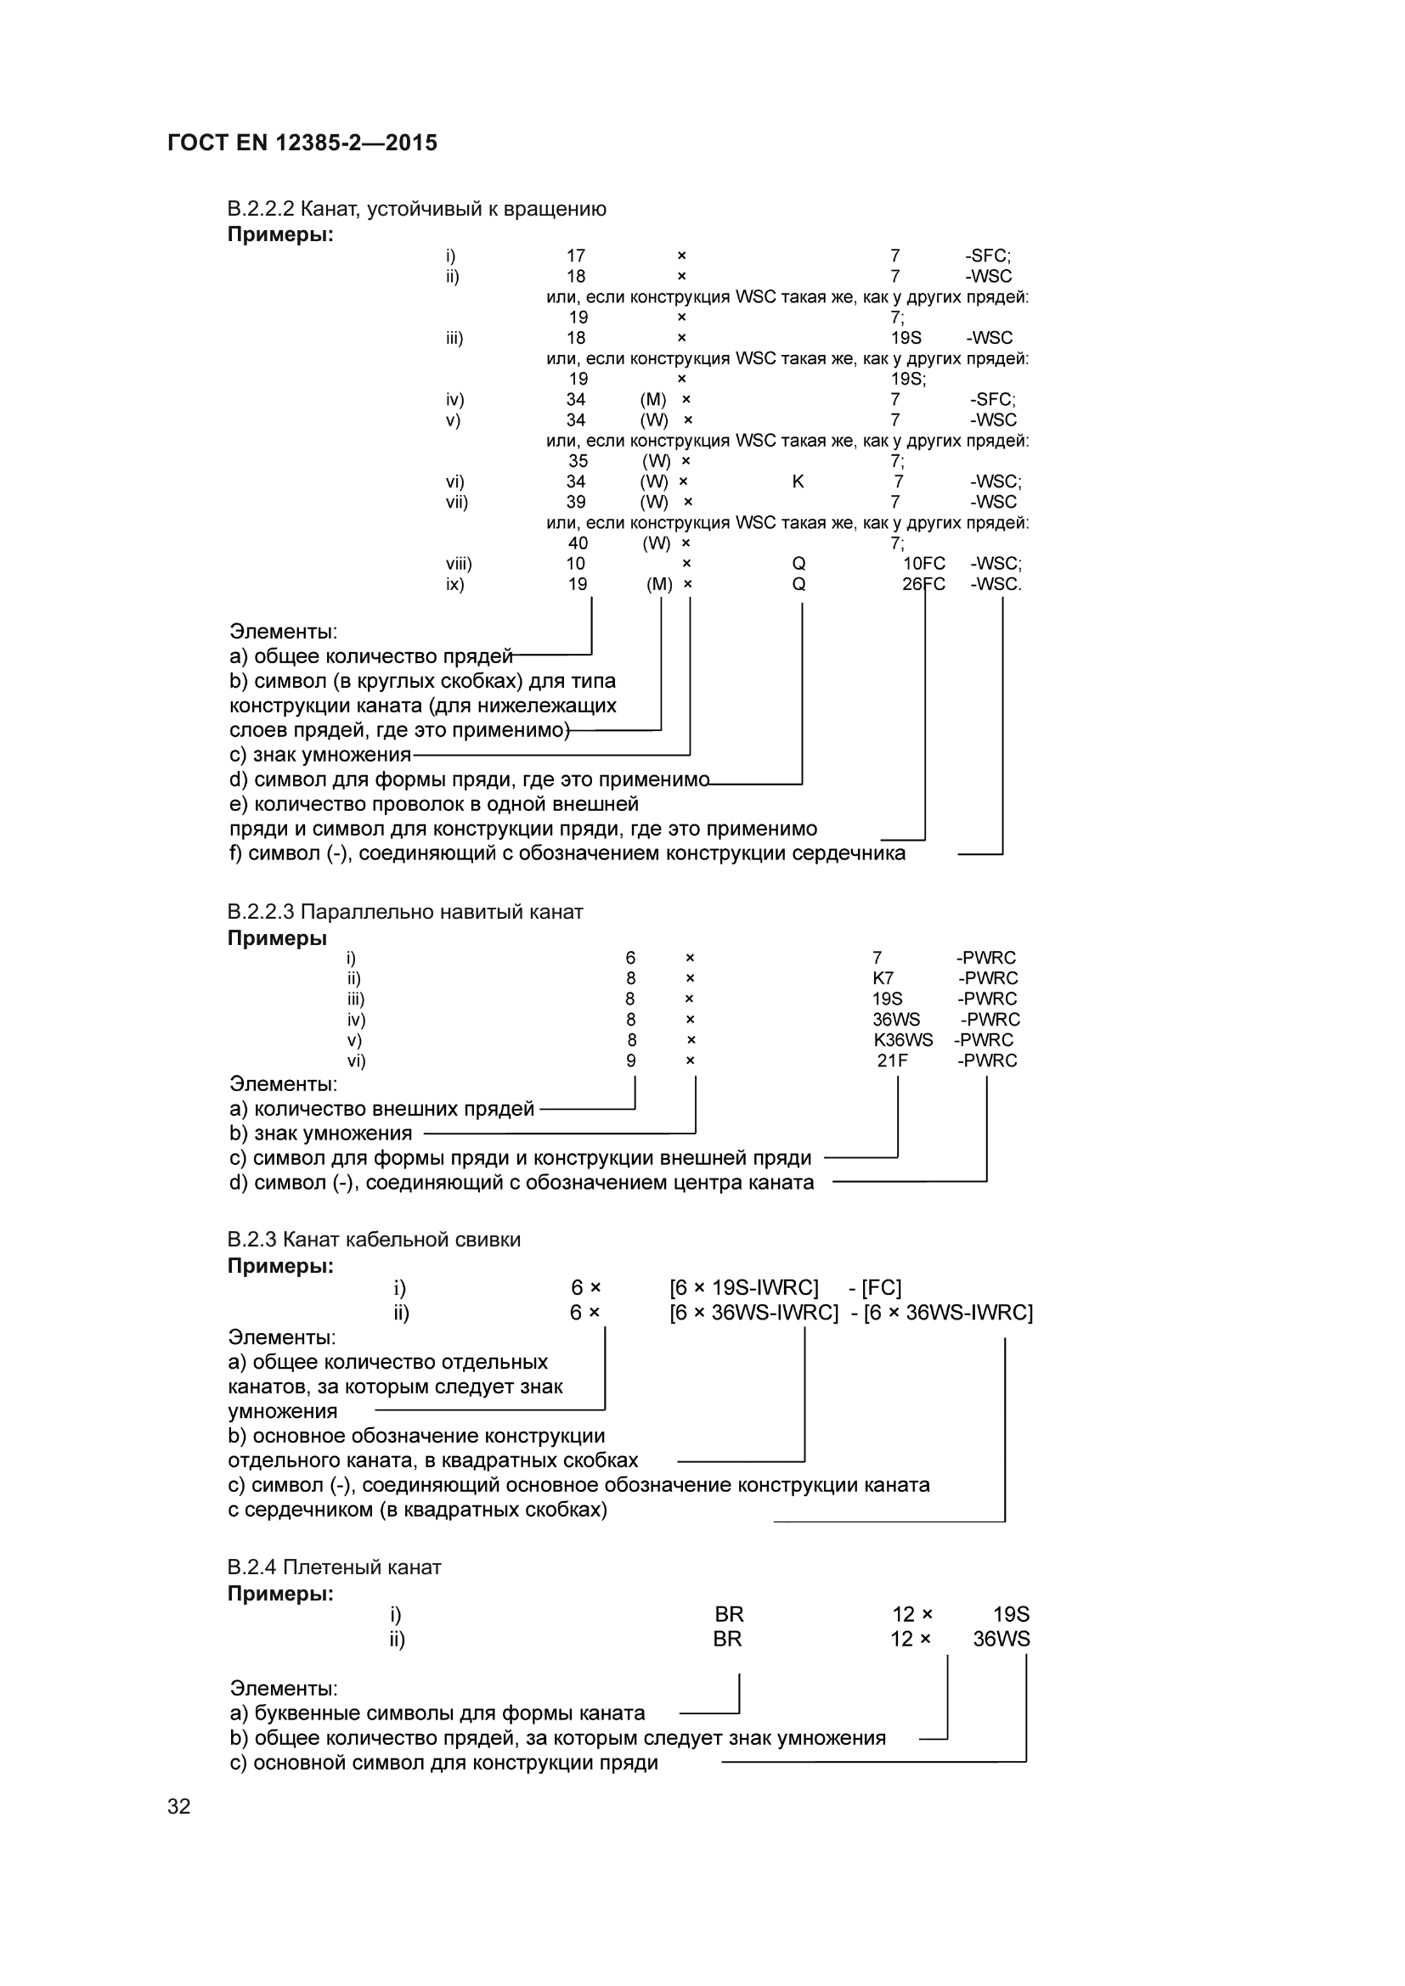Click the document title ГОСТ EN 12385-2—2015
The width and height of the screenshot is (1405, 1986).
click(302, 143)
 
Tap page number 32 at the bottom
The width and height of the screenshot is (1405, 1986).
click(179, 1806)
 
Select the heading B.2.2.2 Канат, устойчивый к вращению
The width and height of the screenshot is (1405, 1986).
click(416, 210)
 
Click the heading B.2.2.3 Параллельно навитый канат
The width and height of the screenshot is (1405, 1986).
click(405, 912)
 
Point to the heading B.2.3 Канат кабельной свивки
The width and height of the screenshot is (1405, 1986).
click(374, 1240)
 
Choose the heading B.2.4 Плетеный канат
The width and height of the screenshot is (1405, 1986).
click(334, 1567)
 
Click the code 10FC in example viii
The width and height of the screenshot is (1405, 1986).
click(924, 564)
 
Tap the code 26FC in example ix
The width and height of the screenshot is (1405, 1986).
click(923, 585)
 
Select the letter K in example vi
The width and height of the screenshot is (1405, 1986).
click(798, 481)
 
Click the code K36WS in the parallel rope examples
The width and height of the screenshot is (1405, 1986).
click(903, 1040)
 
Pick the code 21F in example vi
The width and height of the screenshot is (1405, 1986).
click(892, 1061)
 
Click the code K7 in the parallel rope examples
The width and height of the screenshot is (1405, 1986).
click(883, 978)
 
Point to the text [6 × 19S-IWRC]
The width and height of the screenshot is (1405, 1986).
click(743, 1288)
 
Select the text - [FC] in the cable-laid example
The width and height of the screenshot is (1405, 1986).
click(875, 1288)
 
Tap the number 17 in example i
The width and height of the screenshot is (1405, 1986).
click(575, 256)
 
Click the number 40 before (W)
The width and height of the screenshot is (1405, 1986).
click(578, 543)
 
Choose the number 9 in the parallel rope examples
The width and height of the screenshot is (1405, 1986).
click(630, 1061)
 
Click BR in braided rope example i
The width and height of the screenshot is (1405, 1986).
click(729, 1615)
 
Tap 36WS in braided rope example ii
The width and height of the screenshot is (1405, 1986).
click(1001, 1639)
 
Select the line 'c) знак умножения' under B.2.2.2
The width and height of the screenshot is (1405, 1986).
click(320, 755)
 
